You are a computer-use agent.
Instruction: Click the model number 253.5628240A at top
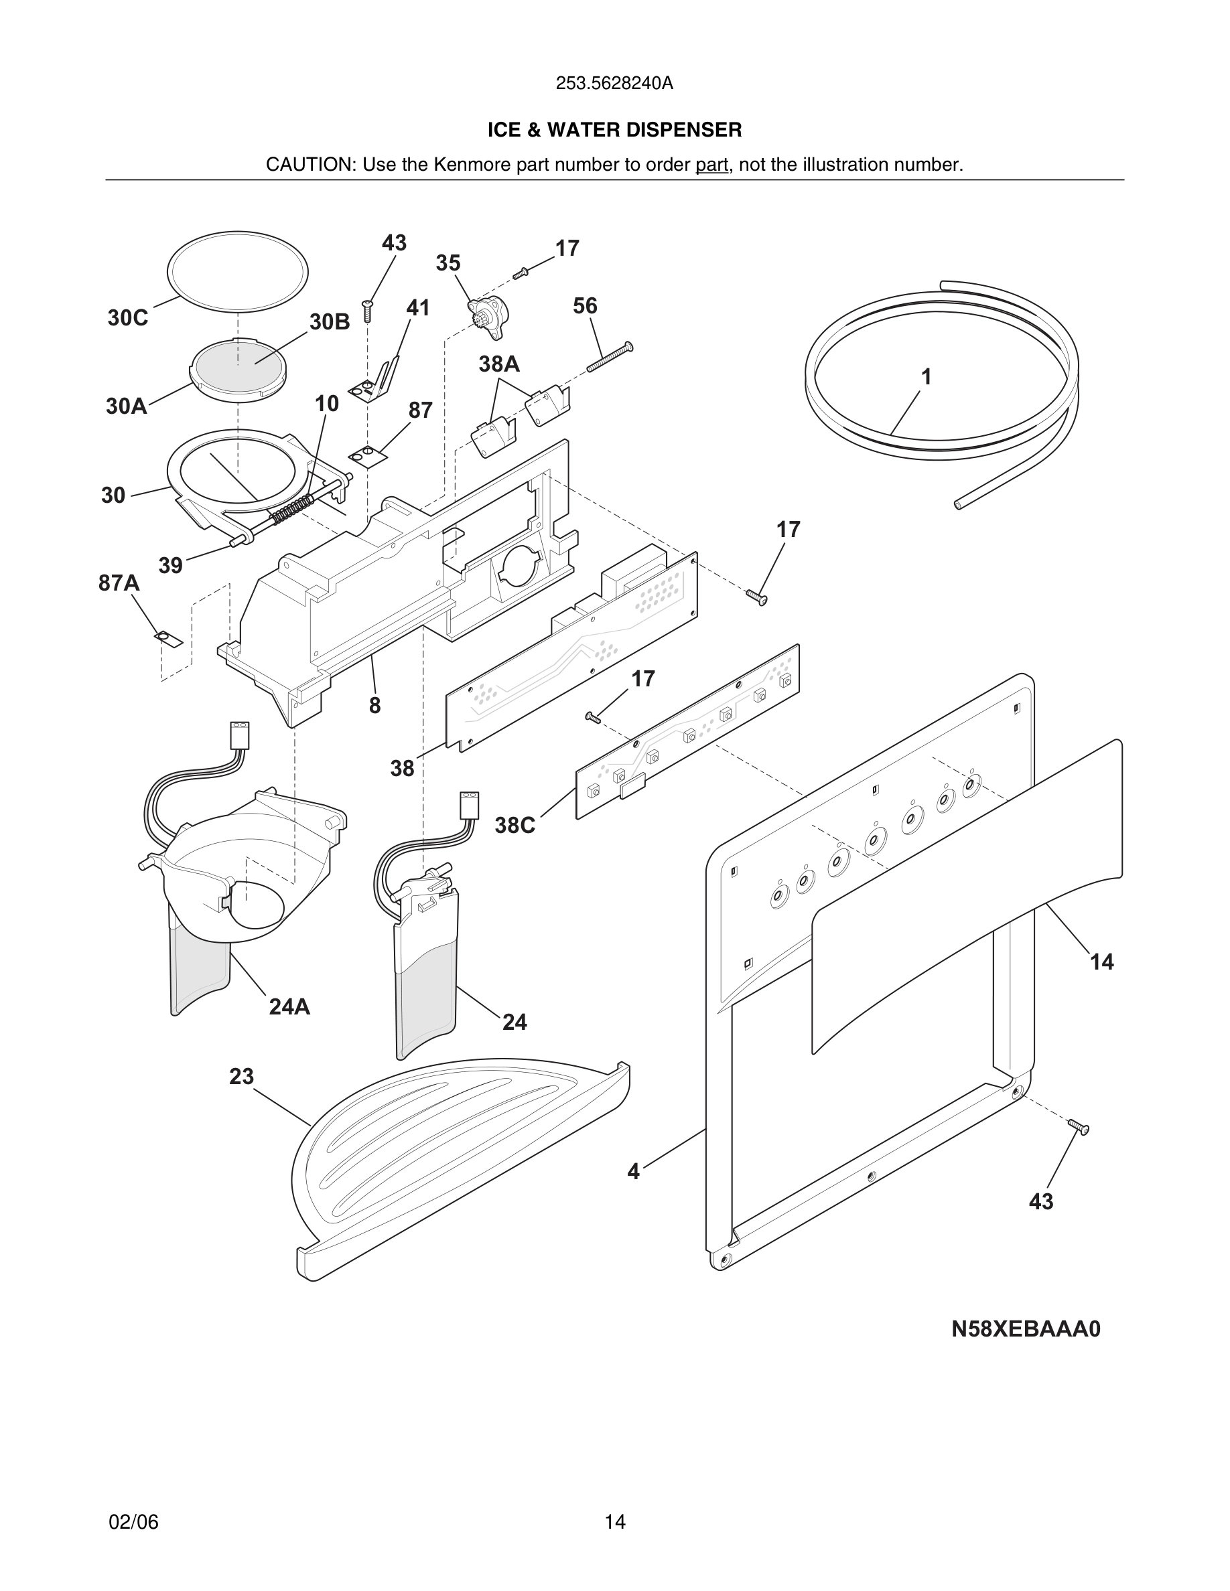pyautogui.click(x=614, y=84)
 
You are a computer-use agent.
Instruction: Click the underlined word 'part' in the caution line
pyautogui.click(x=711, y=165)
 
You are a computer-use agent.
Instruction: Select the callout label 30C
pyautogui.click(x=127, y=318)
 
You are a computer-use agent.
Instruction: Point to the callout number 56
pyautogui.click(x=584, y=306)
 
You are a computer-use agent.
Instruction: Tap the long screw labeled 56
pyautogui.click(x=609, y=358)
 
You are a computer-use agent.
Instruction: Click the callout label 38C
pyautogui.click(x=515, y=826)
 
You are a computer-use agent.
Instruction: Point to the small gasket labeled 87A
pyautogui.click(x=169, y=639)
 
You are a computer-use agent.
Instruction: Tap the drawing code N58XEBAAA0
pyautogui.click(x=1025, y=1329)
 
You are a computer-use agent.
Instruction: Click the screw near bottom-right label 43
pyautogui.click(x=1079, y=1127)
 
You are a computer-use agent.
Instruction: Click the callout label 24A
pyautogui.click(x=289, y=1006)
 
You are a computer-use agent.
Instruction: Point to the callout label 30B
pyautogui.click(x=330, y=322)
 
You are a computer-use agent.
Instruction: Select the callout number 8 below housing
pyautogui.click(x=374, y=705)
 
